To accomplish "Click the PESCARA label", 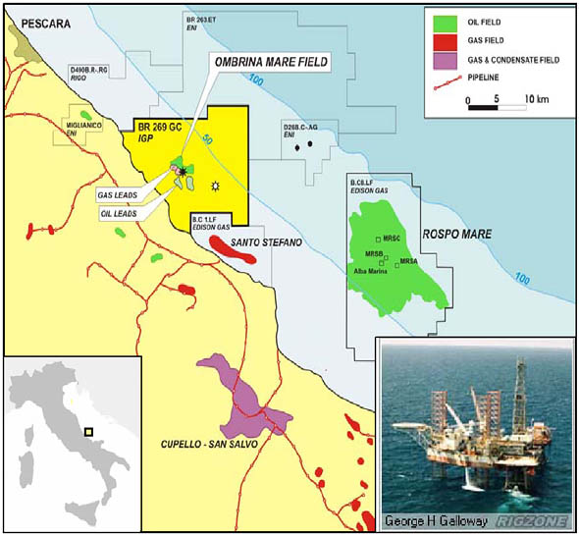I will (39, 21).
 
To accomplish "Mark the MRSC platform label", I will (393, 239).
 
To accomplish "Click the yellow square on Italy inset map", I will (89, 430).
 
